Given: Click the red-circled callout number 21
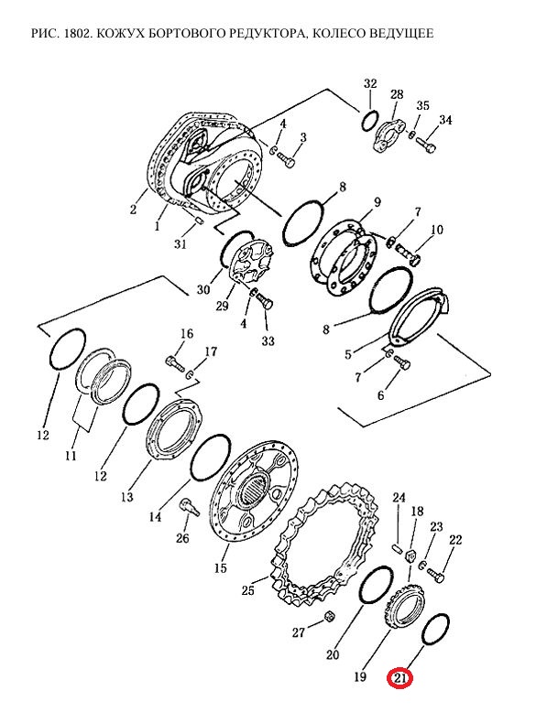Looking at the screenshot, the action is pyautogui.click(x=399, y=678).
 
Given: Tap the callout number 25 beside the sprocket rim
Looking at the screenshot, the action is pyautogui.click(x=248, y=590).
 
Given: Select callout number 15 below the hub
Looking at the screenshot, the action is pyautogui.click(x=221, y=567).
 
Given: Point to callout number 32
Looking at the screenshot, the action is pyautogui.click(x=370, y=83).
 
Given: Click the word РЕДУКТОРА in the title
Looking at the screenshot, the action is pyautogui.click(x=261, y=34).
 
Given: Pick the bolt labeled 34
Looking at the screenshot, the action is pyautogui.click(x=425, y=146).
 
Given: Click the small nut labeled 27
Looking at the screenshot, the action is pyautogui.click(x=329, y=616).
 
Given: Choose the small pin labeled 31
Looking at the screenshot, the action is pyautogui.click(x=198, y=221).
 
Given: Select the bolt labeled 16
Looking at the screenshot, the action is pyautogui.click(x=175, y=363).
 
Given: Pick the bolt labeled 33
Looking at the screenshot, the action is pyautogui.click(x=264, y=300).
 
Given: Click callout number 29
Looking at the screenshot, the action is pyautogui.click(x=222, y=306).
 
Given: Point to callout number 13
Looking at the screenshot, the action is pyautogui.click(x=127, y=496).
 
